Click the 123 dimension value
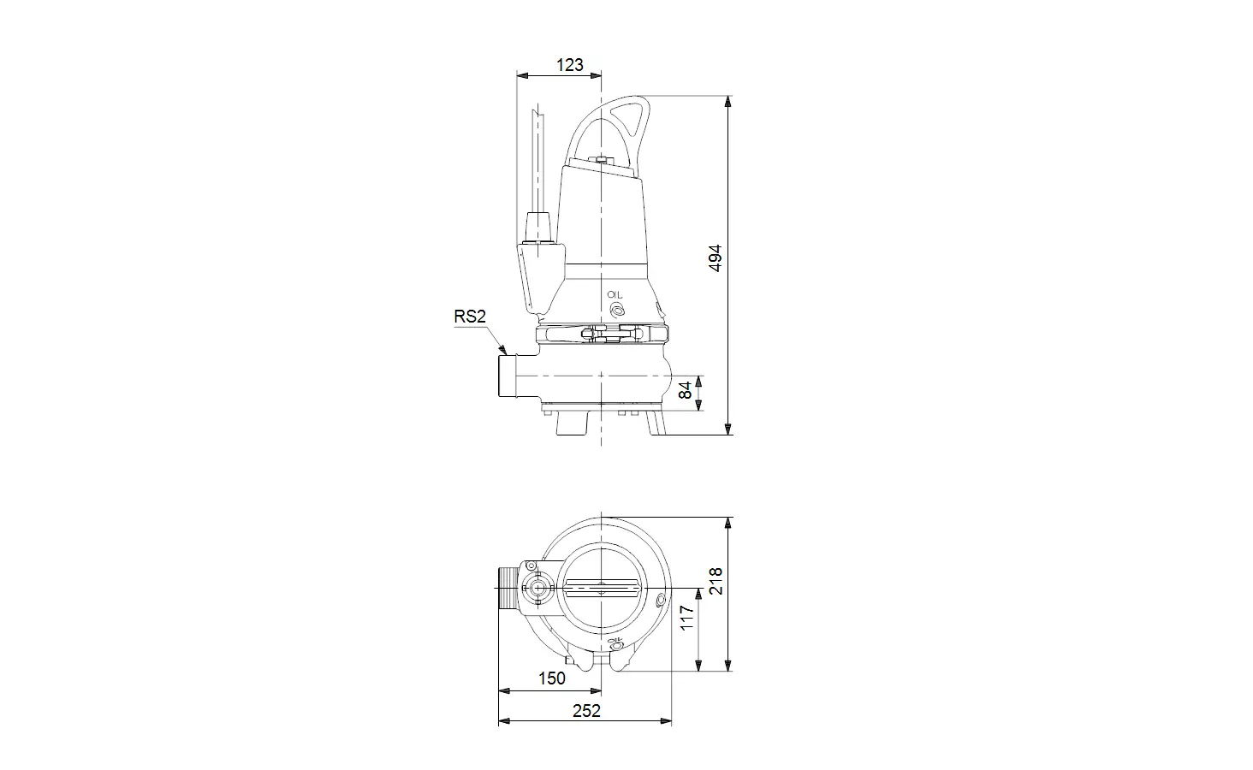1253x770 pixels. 569,65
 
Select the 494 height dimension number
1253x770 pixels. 716,258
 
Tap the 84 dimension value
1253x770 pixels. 686,390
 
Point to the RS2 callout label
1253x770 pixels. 470,317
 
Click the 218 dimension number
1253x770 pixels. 716,581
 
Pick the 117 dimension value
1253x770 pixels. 686,618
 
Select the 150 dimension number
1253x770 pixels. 551,678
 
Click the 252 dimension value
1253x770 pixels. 586,711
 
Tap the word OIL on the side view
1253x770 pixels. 615,294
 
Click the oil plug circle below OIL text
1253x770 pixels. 617,310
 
